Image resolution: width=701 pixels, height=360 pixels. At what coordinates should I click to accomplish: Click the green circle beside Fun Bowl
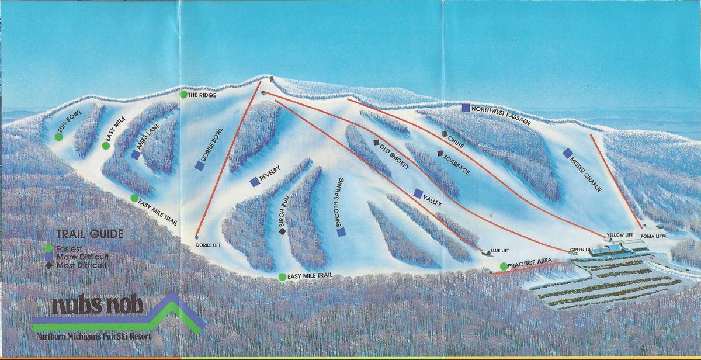pos(58,137)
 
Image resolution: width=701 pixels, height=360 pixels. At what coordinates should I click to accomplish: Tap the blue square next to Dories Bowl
pos(200,166)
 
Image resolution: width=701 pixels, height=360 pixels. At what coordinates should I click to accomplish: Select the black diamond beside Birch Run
pos(283,231)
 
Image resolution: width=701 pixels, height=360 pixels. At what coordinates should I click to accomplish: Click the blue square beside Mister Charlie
pos(567,153)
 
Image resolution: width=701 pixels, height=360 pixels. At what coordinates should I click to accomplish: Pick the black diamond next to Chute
pos(445,134)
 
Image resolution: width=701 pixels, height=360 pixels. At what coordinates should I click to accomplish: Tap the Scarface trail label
pos(456,164)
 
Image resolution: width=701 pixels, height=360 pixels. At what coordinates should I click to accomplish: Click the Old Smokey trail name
pos(397,157)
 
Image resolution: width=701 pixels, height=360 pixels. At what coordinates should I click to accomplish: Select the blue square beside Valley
pos(418,193)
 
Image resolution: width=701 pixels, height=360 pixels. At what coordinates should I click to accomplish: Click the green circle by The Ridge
pos(183,95)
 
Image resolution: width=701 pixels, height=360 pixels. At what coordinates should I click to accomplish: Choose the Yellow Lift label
pos(619,235)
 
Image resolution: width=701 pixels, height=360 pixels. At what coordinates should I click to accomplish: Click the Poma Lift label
pos(653,237)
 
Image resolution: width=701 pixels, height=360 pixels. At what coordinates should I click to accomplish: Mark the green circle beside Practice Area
pos(504,266)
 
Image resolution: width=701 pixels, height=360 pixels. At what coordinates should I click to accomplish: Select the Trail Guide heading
pos(89,234)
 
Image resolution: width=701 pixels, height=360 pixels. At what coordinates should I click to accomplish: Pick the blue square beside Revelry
pos(254,182)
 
